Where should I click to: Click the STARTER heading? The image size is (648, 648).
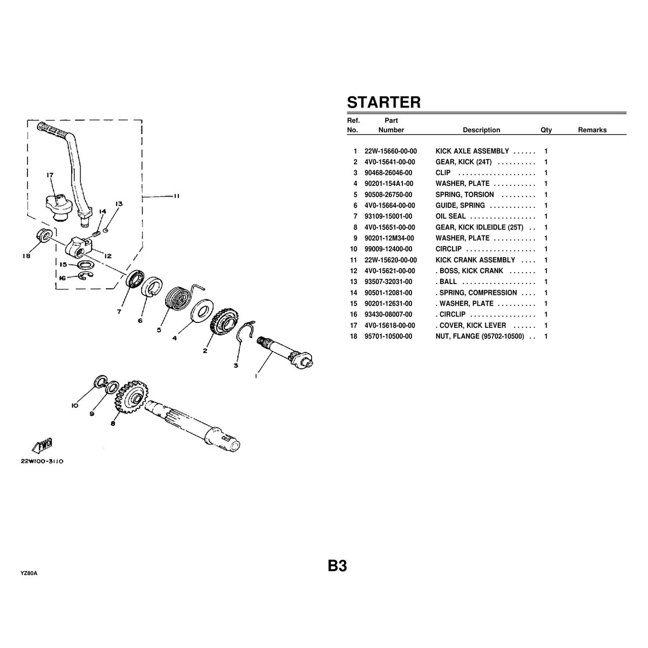coord(383,102)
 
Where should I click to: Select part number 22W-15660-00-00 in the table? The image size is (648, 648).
coord(390,151)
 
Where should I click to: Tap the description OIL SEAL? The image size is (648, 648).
coord(450,217)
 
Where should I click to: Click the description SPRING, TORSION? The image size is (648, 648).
coord(464,195)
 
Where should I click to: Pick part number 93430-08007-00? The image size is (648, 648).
coord(388,314)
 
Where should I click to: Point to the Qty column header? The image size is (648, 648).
coord(546,130)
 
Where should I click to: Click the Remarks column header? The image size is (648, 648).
coord(592,130)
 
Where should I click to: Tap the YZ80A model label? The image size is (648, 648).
coord(29,573)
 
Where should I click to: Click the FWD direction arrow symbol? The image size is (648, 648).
coord(42,445)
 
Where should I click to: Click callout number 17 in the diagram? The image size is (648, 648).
coord(50,175)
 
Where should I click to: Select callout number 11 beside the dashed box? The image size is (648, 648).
coord(176,197)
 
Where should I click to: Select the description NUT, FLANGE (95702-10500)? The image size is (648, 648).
coord(480,336)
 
